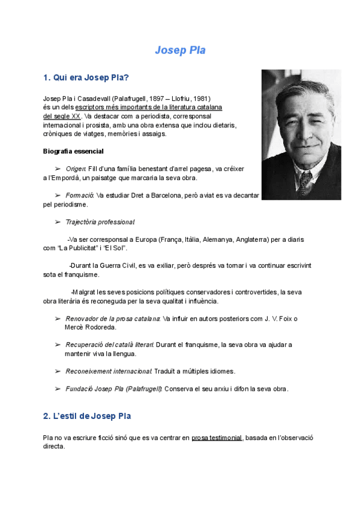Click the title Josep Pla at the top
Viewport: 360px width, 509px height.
180,50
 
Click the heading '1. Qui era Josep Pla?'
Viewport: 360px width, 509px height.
86,77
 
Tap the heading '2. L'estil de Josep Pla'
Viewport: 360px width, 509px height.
87,415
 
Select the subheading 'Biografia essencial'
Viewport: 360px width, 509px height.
73,151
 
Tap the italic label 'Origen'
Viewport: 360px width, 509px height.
76,169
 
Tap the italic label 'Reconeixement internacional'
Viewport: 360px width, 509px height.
109,371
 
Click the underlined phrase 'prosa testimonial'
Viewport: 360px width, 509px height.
217,438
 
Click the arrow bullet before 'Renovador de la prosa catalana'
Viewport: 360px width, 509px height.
58,319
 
